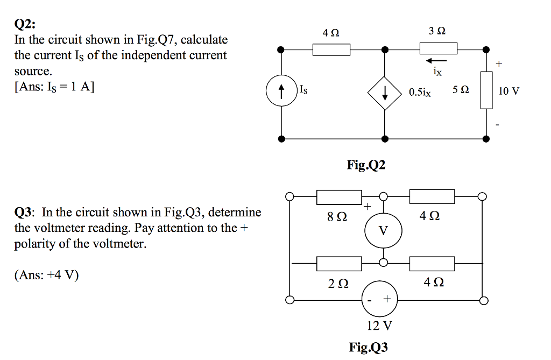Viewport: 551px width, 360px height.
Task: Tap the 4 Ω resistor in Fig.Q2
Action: pyautogui.click(x=331, y=50)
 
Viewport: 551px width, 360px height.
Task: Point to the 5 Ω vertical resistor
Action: pyautogui.click(x=486, y=92)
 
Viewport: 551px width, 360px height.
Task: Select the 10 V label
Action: pyautogui.click(x=508, y=91)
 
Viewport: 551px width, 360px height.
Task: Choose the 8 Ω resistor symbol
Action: pyautogui.click(x=339, y=197)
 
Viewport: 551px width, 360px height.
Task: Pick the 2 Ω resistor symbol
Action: pyautogui.click(x=339, y=263)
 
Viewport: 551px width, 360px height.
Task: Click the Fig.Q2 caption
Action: pyautogui.click(x=366, y=165)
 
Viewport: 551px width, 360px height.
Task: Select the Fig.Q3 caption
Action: pyautogui.click(x=368, y=347)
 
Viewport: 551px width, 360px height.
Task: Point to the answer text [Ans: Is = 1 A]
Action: pyautogui.click(x=54, y=87)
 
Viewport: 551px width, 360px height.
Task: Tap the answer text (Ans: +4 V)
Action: pyautogui.click(x=46, y=275)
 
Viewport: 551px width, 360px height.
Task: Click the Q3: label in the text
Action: pyautogui.click(x=25, y=212)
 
